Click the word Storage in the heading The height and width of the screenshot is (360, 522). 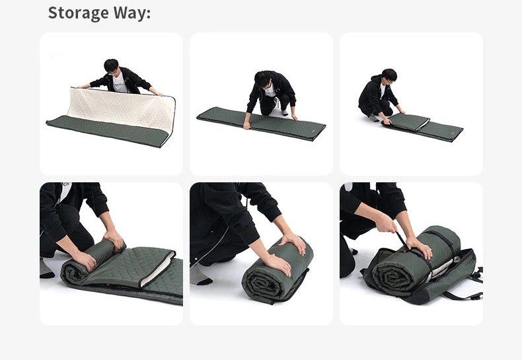79,13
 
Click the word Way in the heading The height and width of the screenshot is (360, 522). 130,13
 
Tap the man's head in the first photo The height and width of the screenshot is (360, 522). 112,66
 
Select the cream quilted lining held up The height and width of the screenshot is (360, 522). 122,108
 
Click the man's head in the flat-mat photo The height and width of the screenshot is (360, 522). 264,79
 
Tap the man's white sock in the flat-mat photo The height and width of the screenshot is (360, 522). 284,112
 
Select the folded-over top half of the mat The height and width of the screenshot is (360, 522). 408,122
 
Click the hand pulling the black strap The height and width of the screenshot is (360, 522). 386,222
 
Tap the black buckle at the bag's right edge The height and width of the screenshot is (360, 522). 480,273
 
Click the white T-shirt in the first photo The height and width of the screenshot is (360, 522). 120,83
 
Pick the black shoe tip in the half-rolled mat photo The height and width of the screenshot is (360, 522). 47,275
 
